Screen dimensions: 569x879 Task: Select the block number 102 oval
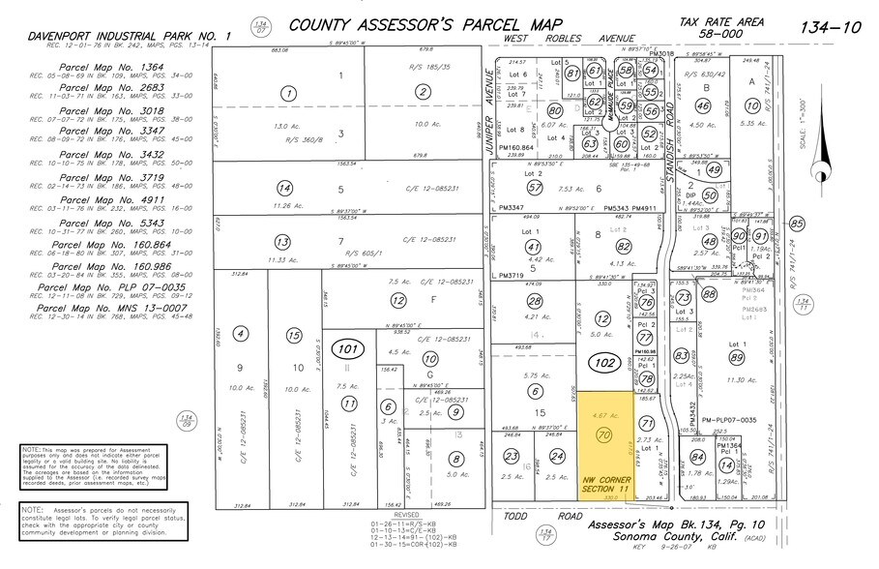pyautogui.click(x=604, y=364)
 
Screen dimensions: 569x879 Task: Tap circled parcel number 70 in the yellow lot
pyautogui.click(x=605, y=436)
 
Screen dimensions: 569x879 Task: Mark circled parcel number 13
pyautogui.click(x=282, y=242)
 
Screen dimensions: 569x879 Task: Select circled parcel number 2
pyautogui.click(x=422, y=93)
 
